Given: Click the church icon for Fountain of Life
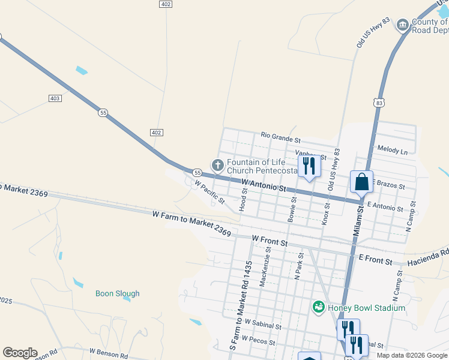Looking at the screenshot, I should point(217,164).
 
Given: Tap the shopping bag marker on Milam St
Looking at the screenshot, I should point(362,181).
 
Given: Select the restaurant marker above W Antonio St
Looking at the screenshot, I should point(309,166).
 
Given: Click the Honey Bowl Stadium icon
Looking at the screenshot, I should point(319,308).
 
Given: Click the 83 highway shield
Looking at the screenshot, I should point(378,103).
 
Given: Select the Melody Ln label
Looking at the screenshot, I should point(393,149).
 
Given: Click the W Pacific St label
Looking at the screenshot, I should point(209,192).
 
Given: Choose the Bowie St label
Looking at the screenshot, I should point(292,210).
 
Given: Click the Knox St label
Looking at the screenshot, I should point(327,213).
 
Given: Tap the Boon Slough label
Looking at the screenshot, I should point(118,293).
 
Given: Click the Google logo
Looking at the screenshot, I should point(20,353).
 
